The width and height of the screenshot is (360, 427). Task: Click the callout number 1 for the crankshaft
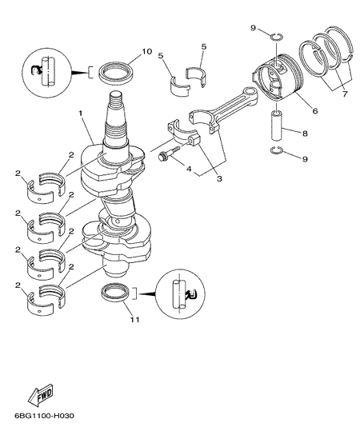81,113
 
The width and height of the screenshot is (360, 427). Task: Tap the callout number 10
146,51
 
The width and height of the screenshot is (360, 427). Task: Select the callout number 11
135,319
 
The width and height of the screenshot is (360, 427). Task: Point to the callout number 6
315,111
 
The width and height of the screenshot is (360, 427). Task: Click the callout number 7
345,94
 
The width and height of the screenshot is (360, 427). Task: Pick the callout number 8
305,134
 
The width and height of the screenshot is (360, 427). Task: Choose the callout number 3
219,178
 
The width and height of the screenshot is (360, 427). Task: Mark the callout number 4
189,169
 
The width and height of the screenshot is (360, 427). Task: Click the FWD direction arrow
41,395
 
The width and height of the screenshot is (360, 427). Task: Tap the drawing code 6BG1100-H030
44,416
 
